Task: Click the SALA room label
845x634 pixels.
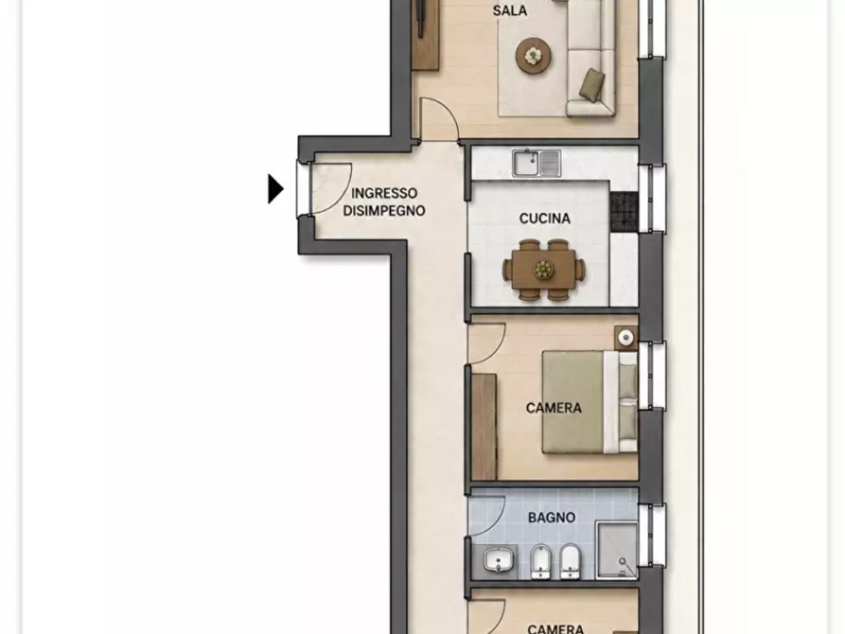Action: (510, 10)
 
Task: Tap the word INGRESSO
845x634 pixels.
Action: (384, 193)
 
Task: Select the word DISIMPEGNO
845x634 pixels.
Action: (384, 211)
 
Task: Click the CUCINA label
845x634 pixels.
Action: (545, 219)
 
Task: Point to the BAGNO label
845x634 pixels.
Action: (552, 518)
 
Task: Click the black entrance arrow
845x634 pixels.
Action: (275, 188)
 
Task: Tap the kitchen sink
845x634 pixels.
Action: (537, 164)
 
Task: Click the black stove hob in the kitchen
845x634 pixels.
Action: (625, 212)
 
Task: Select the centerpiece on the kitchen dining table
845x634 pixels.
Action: (544, 269)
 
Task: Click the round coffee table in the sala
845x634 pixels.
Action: (534, 55)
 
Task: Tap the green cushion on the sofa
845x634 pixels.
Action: (591, 84)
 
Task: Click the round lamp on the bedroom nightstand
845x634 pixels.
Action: (625, 338)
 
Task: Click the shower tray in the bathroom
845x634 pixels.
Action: (618, 551)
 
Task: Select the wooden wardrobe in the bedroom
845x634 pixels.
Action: (484, 427)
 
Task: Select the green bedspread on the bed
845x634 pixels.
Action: (572, 402)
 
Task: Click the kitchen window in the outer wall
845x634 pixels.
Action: (652, 199)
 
